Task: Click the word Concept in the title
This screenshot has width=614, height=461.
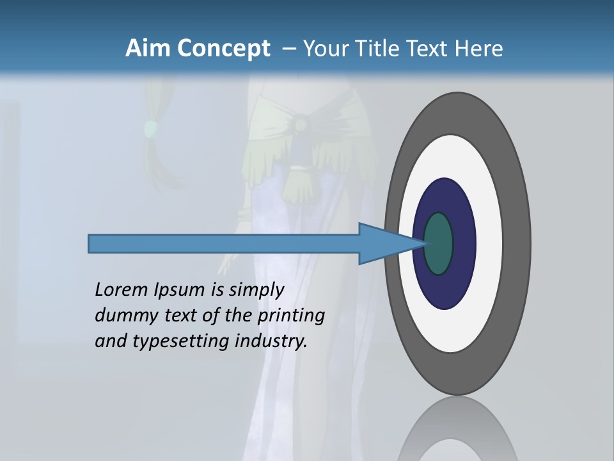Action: click(223, 49)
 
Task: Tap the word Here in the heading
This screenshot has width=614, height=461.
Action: click(480, 49)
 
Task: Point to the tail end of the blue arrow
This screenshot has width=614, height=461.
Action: click(93, 243)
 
